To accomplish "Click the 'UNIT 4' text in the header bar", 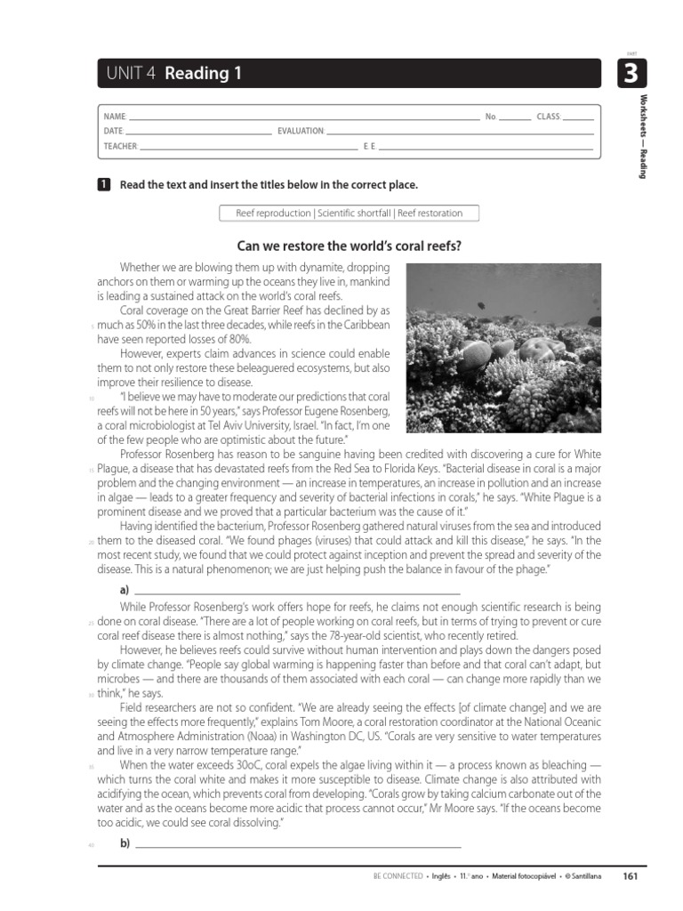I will click(x=130, y=75).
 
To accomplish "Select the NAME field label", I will click(x=115, y=117).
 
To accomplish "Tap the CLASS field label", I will click(x=549, y=117).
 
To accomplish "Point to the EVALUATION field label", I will click(x=301, y=131).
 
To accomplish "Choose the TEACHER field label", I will click(x=120, y=145).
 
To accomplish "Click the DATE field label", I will click(x=113, y=131).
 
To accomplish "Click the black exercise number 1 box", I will click(x=103, y=184).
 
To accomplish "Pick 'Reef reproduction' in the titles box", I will click(x=273, y=214).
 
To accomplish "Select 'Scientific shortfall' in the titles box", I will click(x=353, y=214).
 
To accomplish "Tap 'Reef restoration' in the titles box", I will click(x=430, y=214).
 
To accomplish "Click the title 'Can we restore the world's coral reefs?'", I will click(x=349, y=246).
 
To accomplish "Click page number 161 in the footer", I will click(x=631, y=876).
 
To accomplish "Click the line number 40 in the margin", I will click(x=92, y=844).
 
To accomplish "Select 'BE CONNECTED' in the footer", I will click(x=398, y=876).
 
